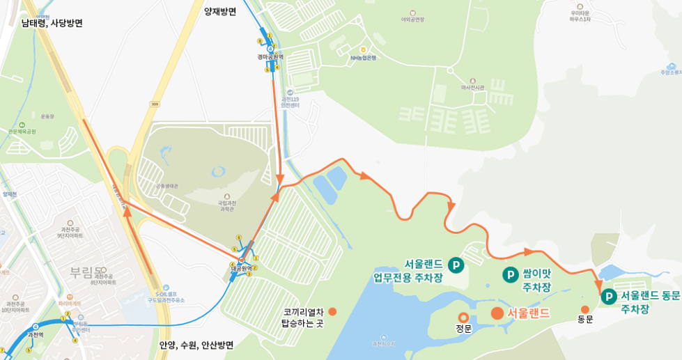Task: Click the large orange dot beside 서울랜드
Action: pyautogui.click(x=497, y=313)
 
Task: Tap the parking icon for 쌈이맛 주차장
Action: pyautogui.click(x=510, y=275)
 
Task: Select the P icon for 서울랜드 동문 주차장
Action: pyautogui.click(x=609, y=297)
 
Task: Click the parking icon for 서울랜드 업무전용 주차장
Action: pyautogui.click(x=456, y=265)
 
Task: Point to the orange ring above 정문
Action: pyautogui.click(x=463, y=318)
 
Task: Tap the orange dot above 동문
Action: pyautogui.click(x=584, y=309)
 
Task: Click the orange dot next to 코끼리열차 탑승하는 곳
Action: pyautogui.click(x=332, y=311)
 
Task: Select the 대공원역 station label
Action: pyautogui.click(x=240, y=267)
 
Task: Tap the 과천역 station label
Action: pyautogui.click(x=35, y=335)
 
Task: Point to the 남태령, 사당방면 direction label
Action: pyautogui.click(x=52, y=23)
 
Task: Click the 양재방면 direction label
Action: pyautogui.click(x=220, y=11)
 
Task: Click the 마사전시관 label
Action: pyautogui.click(x=473, y=87)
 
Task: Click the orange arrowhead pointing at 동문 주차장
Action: pyautogui.click(x=599, y=285)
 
